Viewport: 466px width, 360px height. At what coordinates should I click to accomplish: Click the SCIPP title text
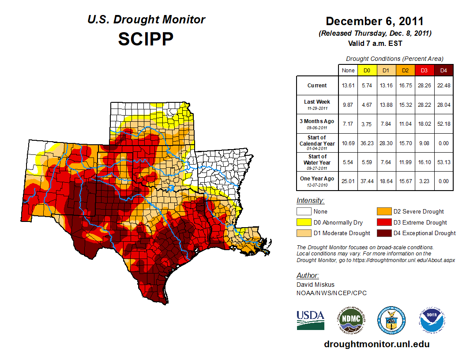click(x=146, y=39)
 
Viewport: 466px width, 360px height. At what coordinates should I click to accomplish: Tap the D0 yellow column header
click(x=367, y=70)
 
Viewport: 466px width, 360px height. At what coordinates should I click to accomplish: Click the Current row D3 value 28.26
click(x=424, y=86)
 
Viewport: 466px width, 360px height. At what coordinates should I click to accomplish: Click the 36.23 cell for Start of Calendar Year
click(x=367, y=143)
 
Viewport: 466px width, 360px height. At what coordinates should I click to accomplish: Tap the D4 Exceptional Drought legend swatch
click(x=383, y=233)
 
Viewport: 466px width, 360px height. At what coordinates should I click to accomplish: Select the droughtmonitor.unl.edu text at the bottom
click(x=376, y=344)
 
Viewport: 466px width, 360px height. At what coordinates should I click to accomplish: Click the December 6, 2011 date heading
click(x=375, y=21)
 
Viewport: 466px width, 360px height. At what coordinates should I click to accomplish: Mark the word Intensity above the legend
click(x=310, y=200)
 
